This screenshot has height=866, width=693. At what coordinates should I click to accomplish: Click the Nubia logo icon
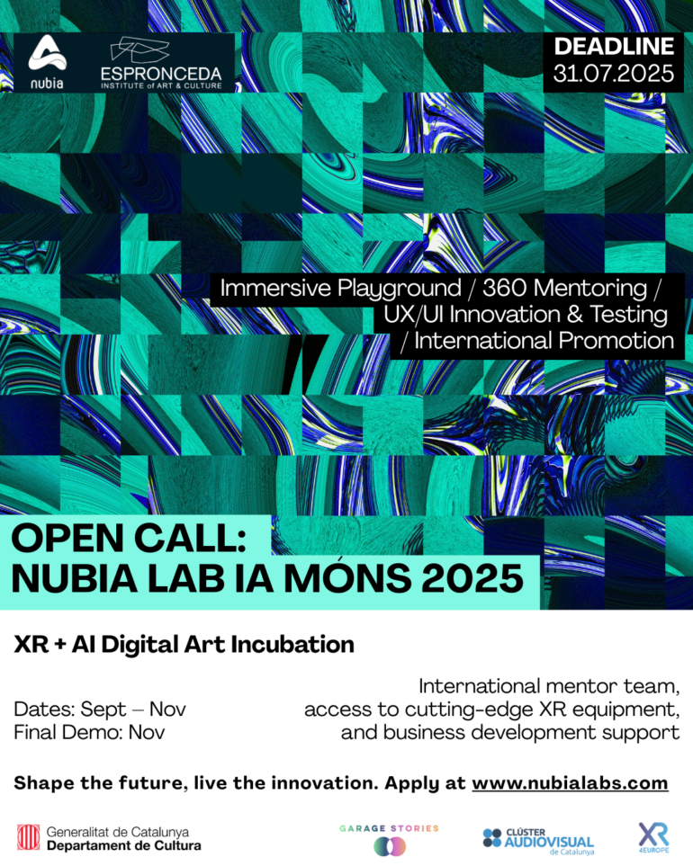(x=48, y=54)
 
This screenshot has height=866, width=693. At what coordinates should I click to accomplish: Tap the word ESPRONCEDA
(x=161, y=74)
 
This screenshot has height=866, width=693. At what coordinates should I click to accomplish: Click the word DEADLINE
(x=614, y=47)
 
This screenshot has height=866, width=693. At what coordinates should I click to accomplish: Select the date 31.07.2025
(x=614, y=74)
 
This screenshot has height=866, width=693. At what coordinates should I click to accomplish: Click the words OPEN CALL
(x=128, y=538)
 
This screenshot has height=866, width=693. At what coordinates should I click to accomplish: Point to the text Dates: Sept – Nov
(x=100, y=709)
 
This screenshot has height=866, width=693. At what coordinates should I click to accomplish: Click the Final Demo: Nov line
(x=89, y=732)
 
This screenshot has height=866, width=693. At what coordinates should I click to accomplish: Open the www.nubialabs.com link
(x=570, y=783)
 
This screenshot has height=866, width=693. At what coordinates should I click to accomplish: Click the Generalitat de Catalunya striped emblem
(x=28, y=837)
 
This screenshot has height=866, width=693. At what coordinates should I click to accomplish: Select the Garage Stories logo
(x=389, y=840)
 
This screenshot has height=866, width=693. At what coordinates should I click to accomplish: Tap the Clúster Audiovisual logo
(x=538, y=841)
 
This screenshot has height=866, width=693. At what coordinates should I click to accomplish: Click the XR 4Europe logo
(x=653, y=838)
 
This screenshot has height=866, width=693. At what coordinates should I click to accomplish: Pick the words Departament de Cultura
(x=124, y=846)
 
